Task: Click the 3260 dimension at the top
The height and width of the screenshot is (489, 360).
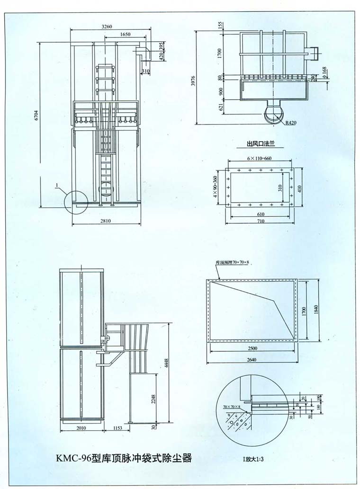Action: coord(106,27)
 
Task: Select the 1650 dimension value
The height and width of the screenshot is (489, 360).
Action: coord(126,35)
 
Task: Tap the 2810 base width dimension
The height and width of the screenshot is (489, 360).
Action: coord(106,221)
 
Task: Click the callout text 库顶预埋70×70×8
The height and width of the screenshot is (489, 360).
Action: coord(232,262)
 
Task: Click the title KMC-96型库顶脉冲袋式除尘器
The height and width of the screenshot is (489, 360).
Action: coord(124,458)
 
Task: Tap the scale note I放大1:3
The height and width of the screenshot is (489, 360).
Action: coord(255,459)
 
